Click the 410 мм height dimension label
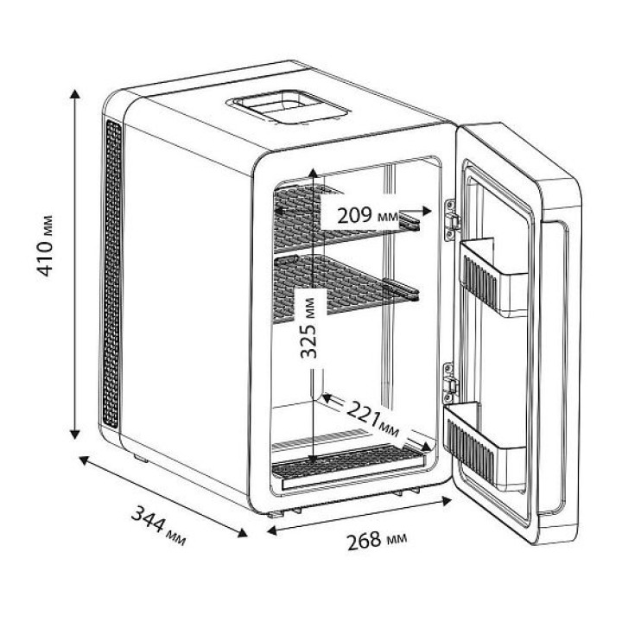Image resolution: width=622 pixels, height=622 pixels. coord(44,246)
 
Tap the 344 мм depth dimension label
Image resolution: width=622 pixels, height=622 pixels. coord(158,525)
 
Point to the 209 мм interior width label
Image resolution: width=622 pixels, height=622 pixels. coord(367,216)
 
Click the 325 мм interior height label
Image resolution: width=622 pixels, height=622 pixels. coord(309,328)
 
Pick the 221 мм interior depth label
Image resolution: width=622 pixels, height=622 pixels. coord(373,419)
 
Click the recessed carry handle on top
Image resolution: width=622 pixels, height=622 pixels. coord(289,107)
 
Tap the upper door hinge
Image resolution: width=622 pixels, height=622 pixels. coord(451,219)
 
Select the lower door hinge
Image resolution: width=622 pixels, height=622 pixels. coord(450,383)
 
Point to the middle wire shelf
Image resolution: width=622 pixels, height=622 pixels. coord(341,287)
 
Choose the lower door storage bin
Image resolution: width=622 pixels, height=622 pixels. coord(485,446)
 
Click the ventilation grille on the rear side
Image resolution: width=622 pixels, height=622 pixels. coord(112,274)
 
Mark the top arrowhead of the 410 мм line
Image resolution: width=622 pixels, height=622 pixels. coord(74,94)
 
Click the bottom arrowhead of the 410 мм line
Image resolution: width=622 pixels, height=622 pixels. coord(74,435)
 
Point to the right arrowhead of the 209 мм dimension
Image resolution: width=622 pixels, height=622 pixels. coord(428,211)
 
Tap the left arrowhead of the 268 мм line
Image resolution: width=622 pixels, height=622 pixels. coord(272,530)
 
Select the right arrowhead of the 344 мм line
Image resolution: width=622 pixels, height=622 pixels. coord(243,533)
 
